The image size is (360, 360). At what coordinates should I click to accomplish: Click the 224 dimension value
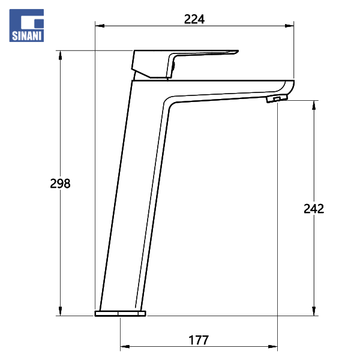coord(194,19)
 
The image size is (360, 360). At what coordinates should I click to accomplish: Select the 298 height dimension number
coord(60,184)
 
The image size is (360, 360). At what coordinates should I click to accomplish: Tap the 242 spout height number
coord(314,209)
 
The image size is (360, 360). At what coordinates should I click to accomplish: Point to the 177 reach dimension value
coord(199,340)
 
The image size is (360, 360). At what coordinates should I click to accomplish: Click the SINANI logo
coord(26,25)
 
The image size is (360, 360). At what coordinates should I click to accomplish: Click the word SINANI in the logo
coord(26,36)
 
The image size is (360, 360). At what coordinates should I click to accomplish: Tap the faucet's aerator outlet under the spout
coord(277,99)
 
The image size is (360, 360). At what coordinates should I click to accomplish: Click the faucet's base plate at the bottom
coord(121,313)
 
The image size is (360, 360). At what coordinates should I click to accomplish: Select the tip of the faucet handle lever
coord(238,51)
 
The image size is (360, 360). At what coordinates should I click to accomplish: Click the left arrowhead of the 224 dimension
coord(100,26)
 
